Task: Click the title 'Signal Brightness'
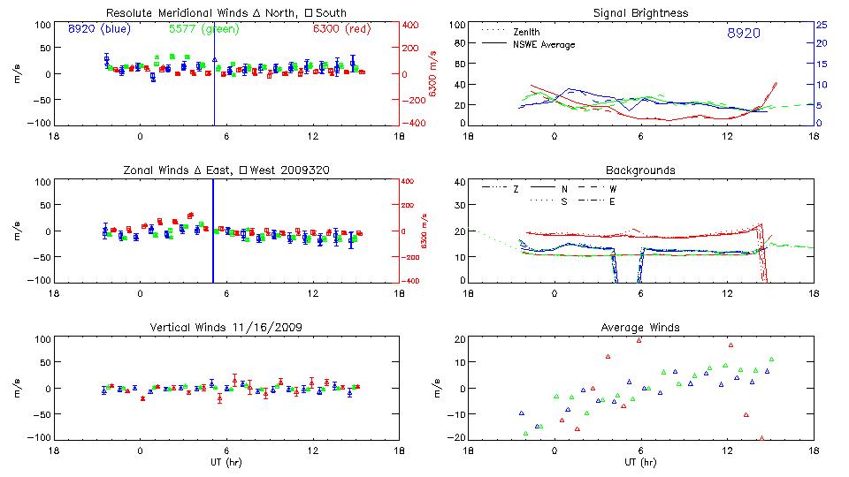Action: [639, 13]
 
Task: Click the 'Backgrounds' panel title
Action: [639, 170]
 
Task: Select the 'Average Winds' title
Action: [639, 328]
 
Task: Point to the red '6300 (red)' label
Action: [344, 29]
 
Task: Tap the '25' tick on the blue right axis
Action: [821, 25]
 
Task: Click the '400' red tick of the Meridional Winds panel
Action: [413, 25]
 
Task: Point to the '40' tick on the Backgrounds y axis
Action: [459, 182]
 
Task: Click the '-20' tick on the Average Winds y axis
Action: [457, 437]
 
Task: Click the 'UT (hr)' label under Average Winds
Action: [639, 461]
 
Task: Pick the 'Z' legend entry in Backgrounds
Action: [515, 189]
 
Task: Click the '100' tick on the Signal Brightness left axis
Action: [457, 25]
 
